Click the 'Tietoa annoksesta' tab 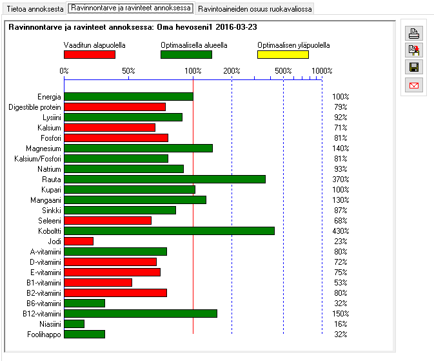coord(35,10)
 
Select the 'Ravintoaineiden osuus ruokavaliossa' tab coord(255,10)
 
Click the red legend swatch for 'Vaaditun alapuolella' coord(90,55)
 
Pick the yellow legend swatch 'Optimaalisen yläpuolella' coord(282,55)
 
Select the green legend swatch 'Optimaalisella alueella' coord(186,55)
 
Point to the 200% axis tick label coord(232,70)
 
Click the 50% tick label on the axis coord(128,70)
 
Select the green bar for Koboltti coord(169,231)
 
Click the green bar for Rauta coord(164,179)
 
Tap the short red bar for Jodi coord(79,241)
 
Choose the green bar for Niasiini coord(74,324)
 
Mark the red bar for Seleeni coord(108,220)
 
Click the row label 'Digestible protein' coord(35,107)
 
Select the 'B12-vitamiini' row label coord(41,314)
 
